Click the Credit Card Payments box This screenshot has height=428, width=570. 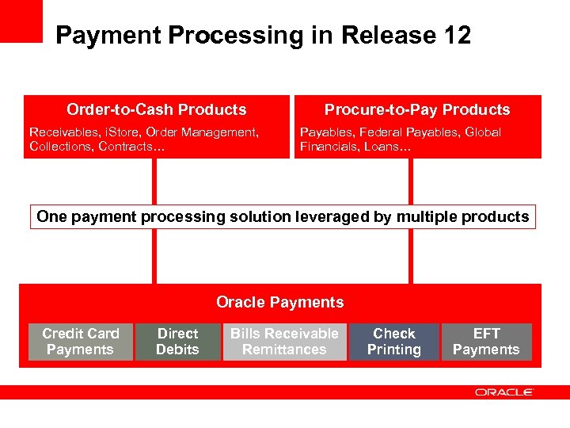point(81,342)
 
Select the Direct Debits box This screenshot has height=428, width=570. point(177,342)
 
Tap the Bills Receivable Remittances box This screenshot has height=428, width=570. point(284,342)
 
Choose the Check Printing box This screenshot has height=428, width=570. point(394,342)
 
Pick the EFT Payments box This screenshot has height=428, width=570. point(486,342)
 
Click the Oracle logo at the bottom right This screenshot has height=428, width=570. point(504,392)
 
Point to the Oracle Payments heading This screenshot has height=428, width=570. point(279,302)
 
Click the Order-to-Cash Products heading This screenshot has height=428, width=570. point(156,109)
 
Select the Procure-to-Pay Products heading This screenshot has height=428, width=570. point(417,109)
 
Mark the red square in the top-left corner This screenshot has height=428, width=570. point(21,21)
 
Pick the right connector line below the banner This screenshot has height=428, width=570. point(410,256)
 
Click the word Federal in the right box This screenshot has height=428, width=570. point(379,132)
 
